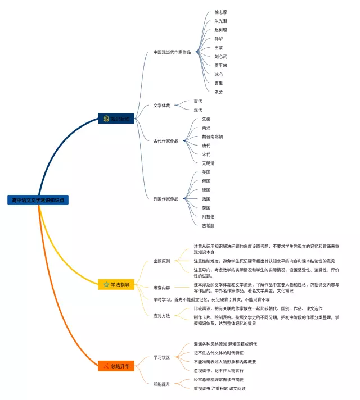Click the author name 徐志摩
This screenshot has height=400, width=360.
coord(220,12)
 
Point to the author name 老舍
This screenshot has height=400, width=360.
coord(219,92)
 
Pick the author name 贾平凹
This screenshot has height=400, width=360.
coord(220,65)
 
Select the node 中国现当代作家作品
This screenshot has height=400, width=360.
coord(172,52)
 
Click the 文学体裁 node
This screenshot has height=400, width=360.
coord(163,105)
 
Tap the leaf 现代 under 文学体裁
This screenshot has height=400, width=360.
coord(198,110)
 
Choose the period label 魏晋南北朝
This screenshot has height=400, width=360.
coord(212,137)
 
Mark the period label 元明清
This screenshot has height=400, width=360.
coord(208,163)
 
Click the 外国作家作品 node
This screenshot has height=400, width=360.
coord(165,198)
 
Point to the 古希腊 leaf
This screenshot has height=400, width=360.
coord(208,225)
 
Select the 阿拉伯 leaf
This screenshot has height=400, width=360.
coord(208,216)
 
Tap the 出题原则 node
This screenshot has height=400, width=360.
coord(161,261)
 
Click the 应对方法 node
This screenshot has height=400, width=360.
coord(161,316)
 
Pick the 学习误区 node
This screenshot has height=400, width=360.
coord(161,357)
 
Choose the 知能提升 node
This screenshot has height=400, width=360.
coord(161,384)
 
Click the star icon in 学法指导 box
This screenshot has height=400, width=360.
coord(106,285)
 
